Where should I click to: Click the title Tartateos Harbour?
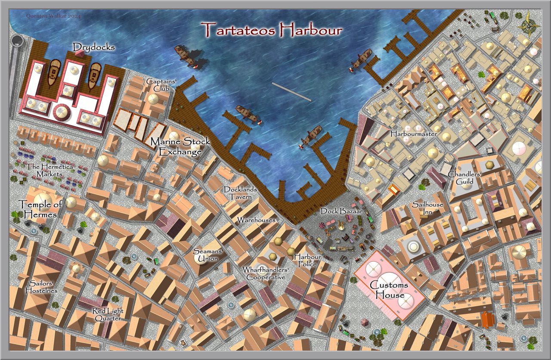(x=272, y=30)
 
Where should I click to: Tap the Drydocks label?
(x=94, y=47)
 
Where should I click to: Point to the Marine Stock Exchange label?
(x=180, y=146)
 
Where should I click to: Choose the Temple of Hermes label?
(x=37, y=209)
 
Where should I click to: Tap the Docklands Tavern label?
(x=240, y=193)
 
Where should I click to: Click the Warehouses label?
(x=256, y=220)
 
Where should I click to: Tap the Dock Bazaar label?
(x=341, y=212)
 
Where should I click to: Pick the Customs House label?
(x=389, y=290)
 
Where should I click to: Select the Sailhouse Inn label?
(x=427, y=208)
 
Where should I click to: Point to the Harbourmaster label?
(x=414, y=134)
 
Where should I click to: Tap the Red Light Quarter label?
(x=108, y=314)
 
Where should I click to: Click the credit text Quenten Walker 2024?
(x=53, y=16)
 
